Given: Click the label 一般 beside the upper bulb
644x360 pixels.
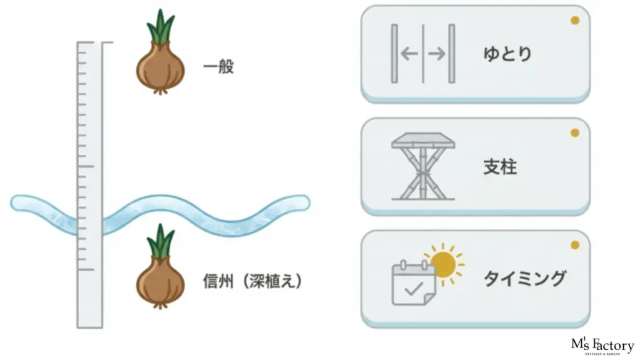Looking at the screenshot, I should point(218,67).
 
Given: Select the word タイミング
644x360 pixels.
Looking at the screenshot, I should point(525,278).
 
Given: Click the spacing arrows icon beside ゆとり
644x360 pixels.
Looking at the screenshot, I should point(423,54).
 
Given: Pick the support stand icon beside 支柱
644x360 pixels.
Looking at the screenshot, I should point(423,166).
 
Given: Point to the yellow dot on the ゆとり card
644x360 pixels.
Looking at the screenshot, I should point(574,21).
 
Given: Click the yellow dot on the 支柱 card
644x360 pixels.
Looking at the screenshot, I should point(574,133).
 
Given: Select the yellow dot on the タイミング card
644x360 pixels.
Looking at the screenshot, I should point(574,245).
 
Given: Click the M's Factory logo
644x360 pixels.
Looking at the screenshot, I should point(602,346).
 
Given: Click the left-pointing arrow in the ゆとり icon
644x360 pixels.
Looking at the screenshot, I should point(409,54).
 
